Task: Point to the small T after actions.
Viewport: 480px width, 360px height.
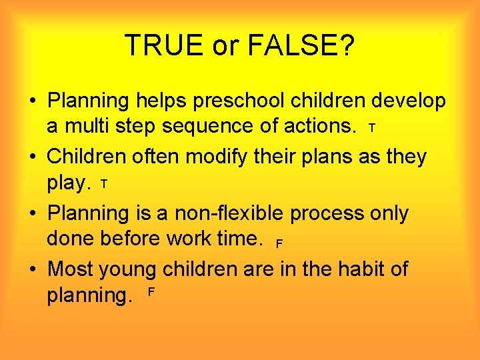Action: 372,127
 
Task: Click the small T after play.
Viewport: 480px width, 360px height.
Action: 103,183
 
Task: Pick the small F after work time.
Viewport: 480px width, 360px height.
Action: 279,243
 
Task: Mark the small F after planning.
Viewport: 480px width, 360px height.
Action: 151,293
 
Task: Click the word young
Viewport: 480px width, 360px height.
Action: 127,270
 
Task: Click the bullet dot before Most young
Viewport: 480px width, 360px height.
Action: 32,270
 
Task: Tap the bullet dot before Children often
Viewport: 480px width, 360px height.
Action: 32,157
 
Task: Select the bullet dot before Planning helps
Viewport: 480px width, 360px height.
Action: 32,101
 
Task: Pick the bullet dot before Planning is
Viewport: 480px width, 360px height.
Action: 32,214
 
